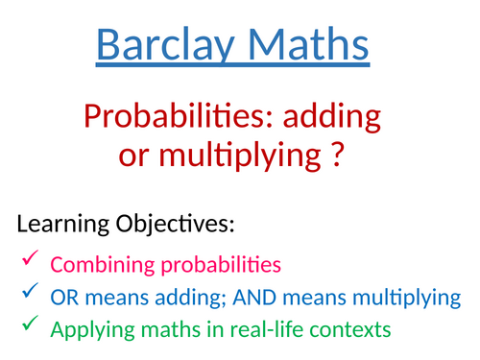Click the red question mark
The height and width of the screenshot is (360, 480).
pos(335,154)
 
